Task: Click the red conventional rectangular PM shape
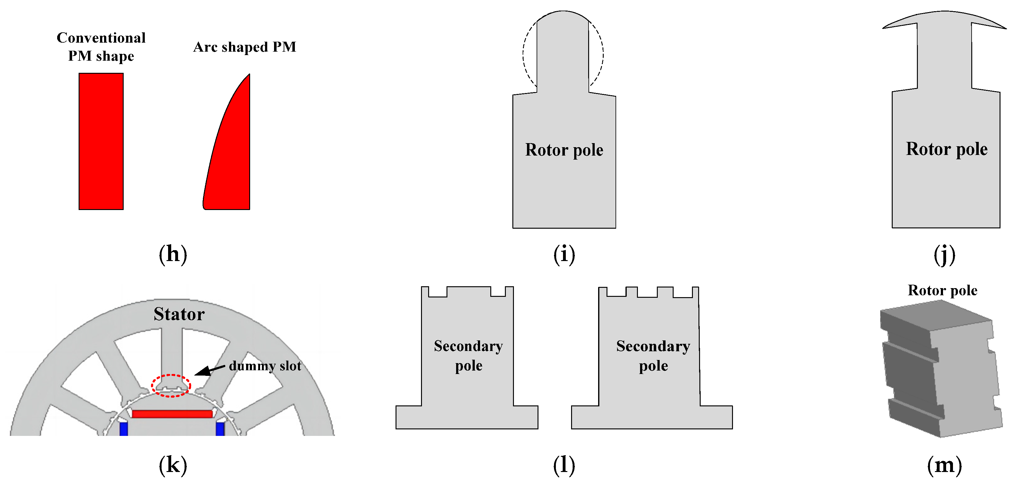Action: click(x=101, y=141)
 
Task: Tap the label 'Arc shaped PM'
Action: click(x=245, y=47)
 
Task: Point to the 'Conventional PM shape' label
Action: click(x=101, y=46)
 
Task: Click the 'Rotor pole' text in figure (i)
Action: click(x=564, y=150)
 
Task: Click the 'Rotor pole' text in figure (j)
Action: click(x=946, y=149)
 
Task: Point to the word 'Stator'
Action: click(x=179, y=314)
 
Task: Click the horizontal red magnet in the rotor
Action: click(x=172, y=414)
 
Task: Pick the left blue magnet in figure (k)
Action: click(x=124, y=428)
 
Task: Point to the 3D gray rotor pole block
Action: click(x=941, y=369)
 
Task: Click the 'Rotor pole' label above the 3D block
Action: click(x=942, y=290)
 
